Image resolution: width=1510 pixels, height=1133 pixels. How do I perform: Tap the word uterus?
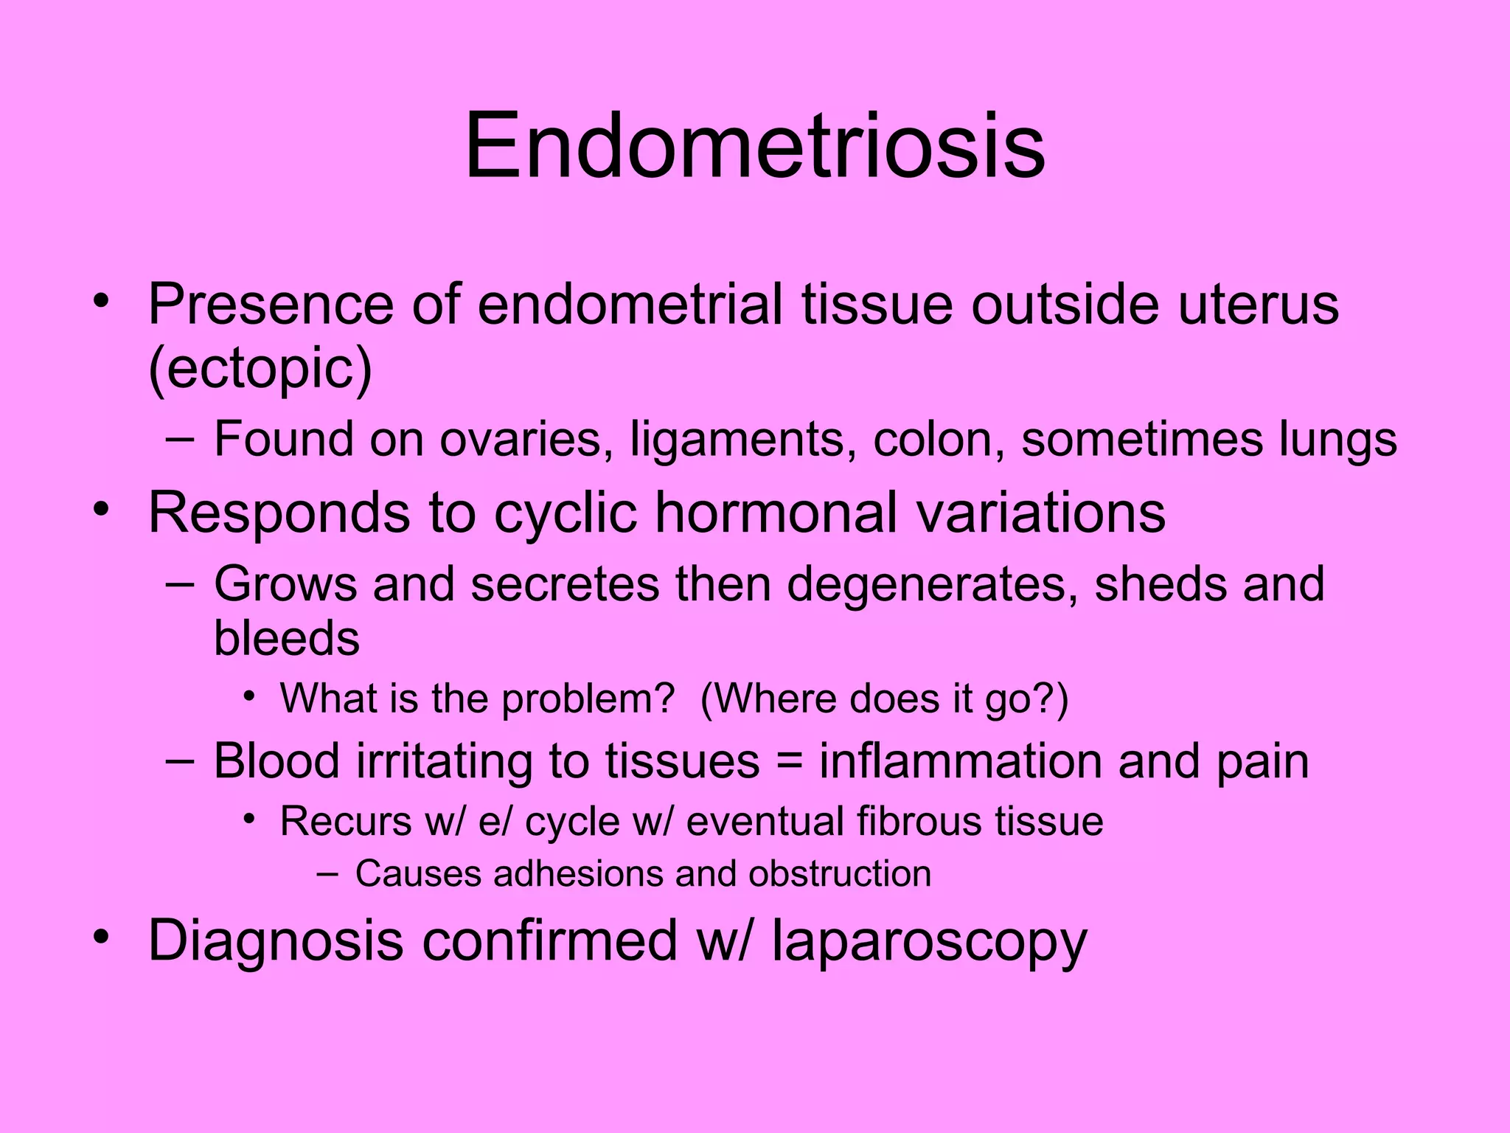[1258, 304]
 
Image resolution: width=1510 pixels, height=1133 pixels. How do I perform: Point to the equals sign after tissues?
[789, 761]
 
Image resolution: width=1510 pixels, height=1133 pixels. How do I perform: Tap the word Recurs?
[345, 821]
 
